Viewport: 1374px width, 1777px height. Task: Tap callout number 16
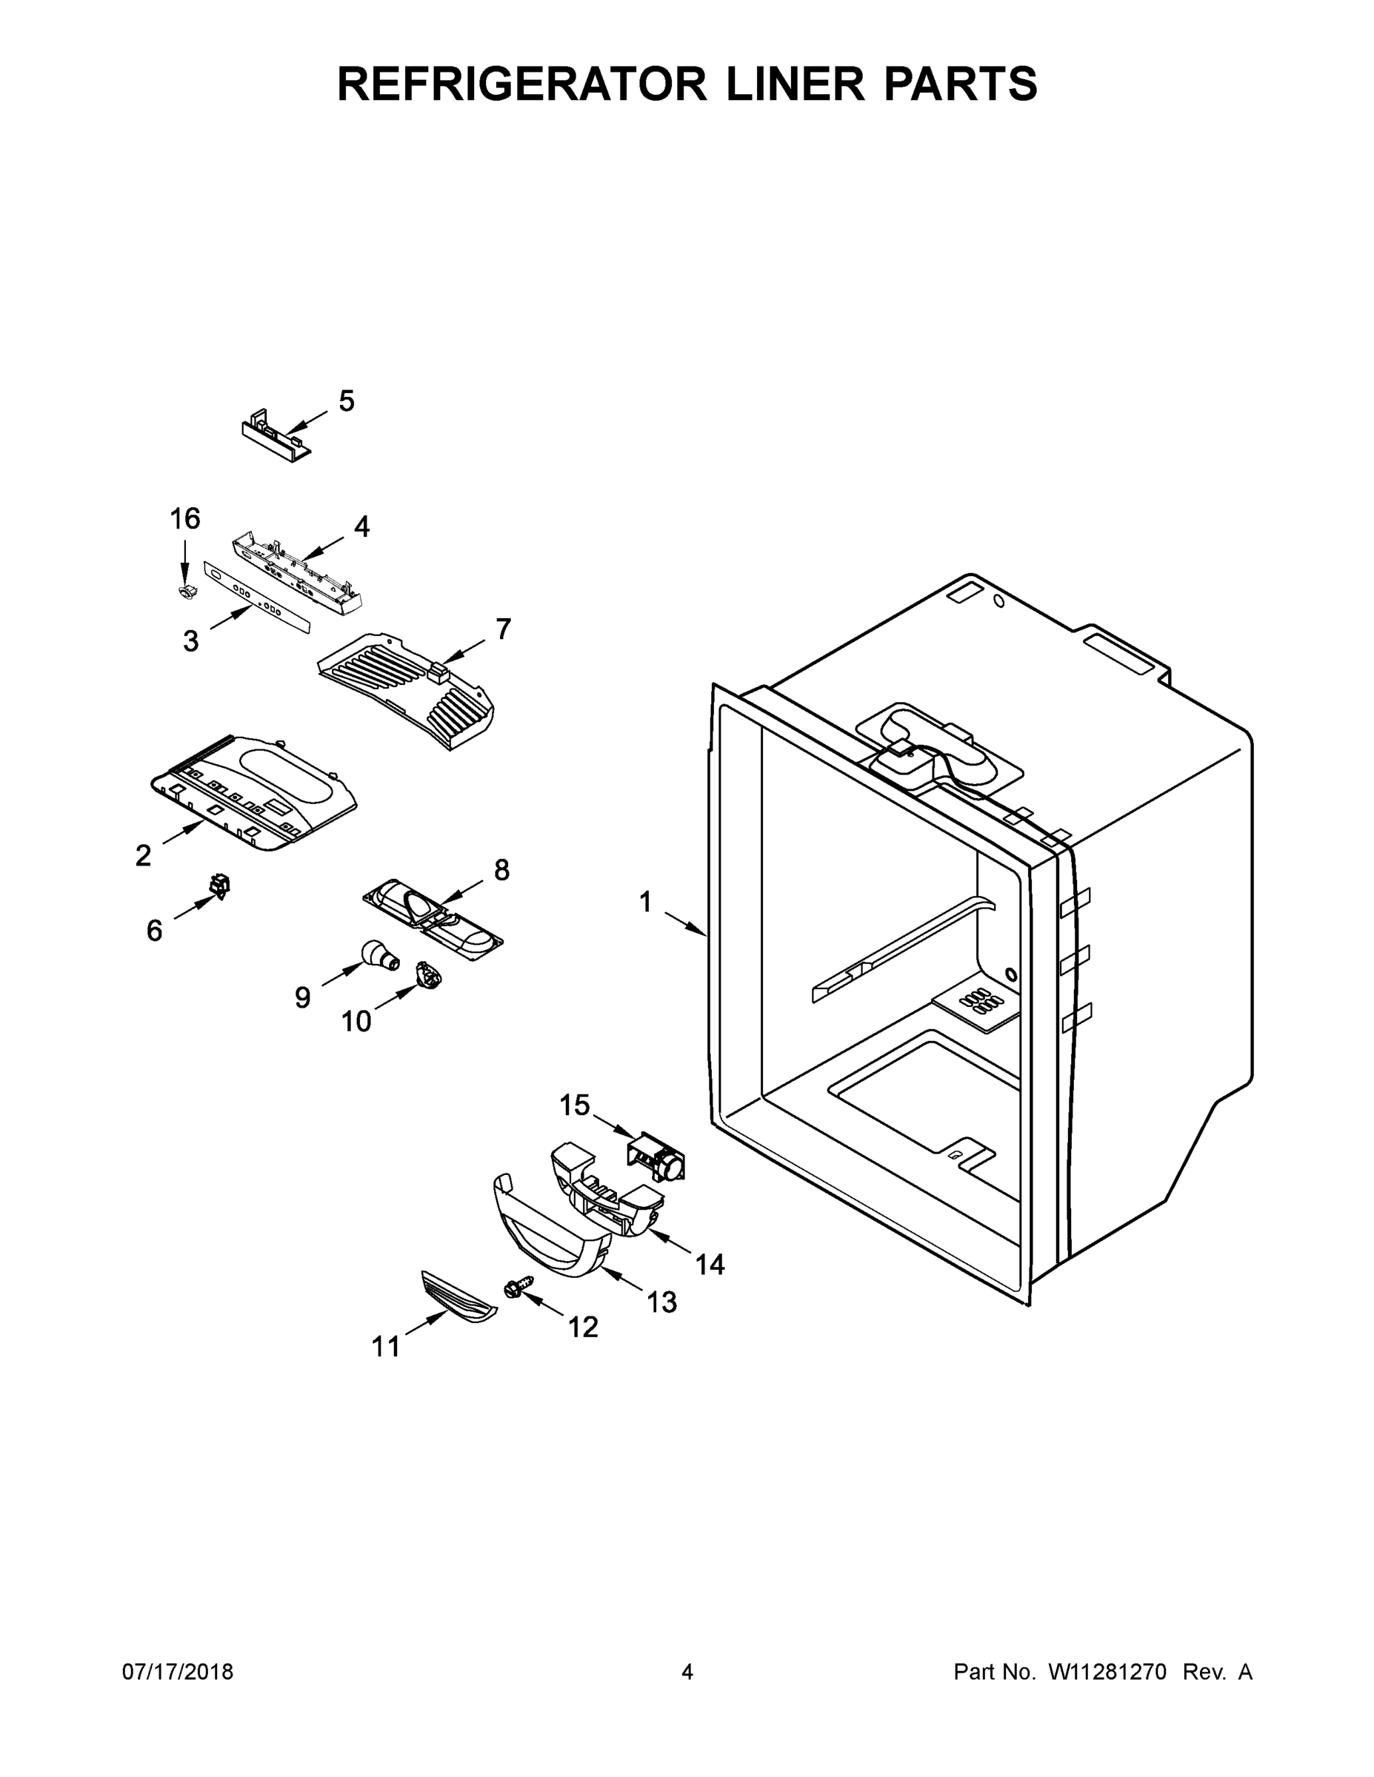coord(184,518)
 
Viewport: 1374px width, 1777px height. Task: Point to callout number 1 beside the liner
coord(644,903)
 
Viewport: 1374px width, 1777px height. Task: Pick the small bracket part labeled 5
coord(275,439)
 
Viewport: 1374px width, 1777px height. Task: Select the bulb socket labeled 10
coord(427,974)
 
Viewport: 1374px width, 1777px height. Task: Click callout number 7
coord(503,629)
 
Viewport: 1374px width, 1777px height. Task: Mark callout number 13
coord(661,1302)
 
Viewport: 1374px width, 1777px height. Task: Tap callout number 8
coord(501,870)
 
